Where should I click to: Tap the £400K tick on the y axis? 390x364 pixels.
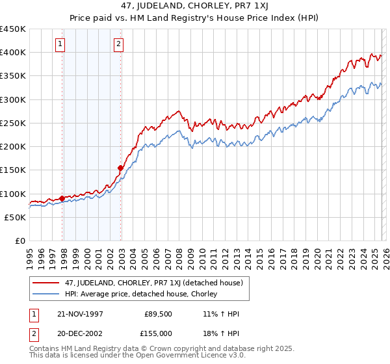tap(13, 53)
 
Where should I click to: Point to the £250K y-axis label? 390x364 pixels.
tap(13, 123)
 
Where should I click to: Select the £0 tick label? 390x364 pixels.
tap(19, 240)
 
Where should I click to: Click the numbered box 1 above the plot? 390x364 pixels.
tap(60, 44)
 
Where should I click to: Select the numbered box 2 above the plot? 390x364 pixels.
tap(119, 44)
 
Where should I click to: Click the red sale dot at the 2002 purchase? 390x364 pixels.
tap(121, 168)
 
